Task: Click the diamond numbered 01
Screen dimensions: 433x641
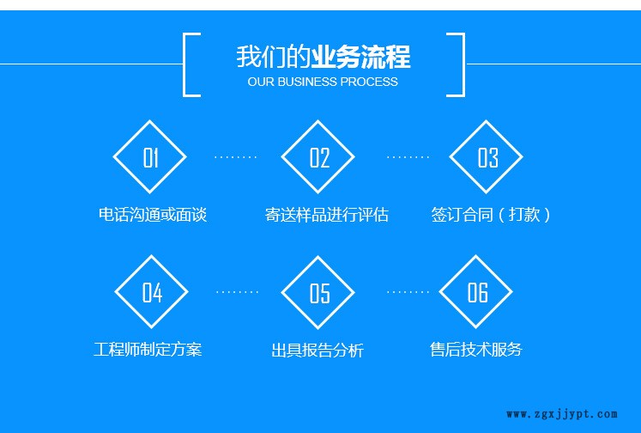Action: [x=150, y=157]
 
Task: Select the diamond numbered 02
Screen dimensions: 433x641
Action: [x=318, y=157]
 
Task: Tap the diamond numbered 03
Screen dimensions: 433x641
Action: [x=487, y=157]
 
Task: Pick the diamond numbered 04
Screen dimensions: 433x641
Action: [x=152, y=292]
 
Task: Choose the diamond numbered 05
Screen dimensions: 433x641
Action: [x=318, y=293]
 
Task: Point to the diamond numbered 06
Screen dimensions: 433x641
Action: [x=476, y=292]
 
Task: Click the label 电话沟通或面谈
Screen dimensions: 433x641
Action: [x=153, y=215]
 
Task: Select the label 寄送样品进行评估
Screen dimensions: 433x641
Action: [x=327, y=215]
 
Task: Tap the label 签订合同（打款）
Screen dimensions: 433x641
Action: [x=491, y=215]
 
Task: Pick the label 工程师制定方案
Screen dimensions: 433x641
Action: [x=148, y=350]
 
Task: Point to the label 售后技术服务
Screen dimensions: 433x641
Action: [x=475, y=350]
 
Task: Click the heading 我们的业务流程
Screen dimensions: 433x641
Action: [x=324, y=58]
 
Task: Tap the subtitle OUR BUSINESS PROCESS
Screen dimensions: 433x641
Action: [x=323, y=82]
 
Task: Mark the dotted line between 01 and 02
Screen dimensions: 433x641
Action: [x=235, y=157]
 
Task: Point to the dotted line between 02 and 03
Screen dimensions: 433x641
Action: [x=408, y=157]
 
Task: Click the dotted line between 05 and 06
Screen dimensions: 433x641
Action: [x=408, y=292]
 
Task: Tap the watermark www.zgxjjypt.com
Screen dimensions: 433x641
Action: [x=561, y=414]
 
